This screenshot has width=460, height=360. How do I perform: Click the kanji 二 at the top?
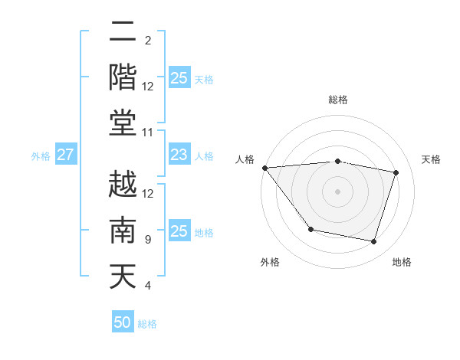tap(123, 33)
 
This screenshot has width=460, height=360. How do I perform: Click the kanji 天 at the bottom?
tap(123, 275)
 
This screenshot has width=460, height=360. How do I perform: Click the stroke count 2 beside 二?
tap(148, 40)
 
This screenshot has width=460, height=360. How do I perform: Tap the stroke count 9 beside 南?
tap(148, 240)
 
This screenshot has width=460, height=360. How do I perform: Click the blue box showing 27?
tap(65, 155)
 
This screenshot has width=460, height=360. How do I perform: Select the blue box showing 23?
tap(179, 155)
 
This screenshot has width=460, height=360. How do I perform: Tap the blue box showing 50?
tap(123, 322)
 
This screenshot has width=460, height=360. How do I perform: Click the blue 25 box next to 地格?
tap(179, 232)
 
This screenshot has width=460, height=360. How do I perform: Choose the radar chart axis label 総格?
tap(338, 100)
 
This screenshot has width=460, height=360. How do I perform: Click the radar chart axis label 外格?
tap(270, 262)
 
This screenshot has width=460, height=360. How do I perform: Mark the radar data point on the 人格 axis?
tap(264, 167)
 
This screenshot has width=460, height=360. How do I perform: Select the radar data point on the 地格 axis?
tap(374, 242)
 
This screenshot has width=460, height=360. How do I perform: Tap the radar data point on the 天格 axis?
tap(396, 172)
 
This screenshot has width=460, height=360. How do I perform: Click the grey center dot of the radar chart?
tap(337, 191)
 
